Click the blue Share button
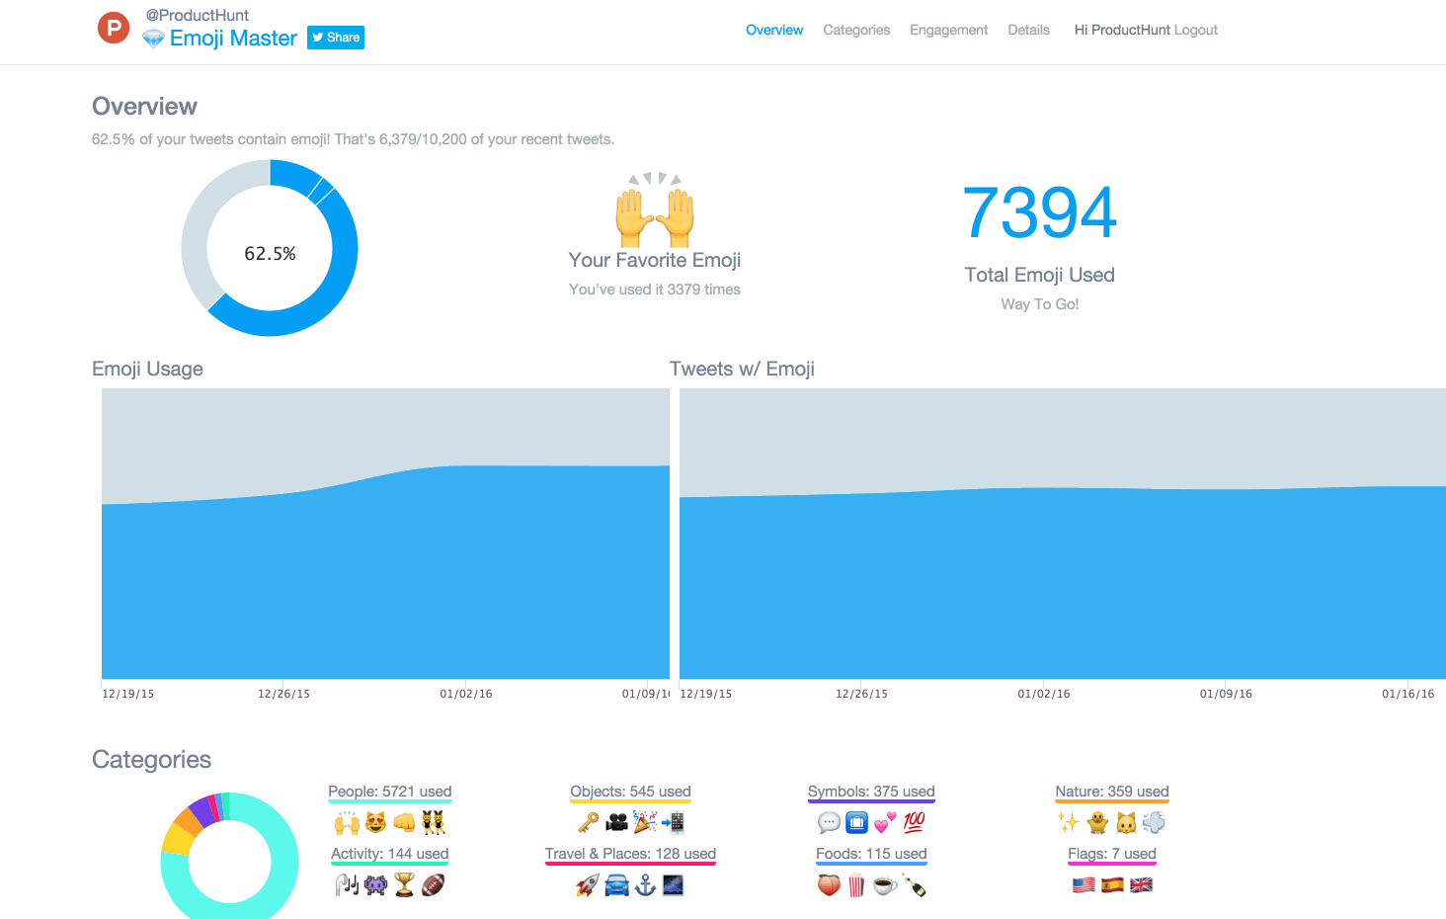pos(336,38)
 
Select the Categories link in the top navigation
pos(856,30)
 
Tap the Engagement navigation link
pos(948,30)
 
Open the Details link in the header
pos(1028,30)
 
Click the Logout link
pos(1195,30)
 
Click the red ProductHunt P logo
pos(114,28)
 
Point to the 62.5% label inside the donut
pos(270,254)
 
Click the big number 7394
pos(1039,212)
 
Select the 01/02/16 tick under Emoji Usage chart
pos(466,694)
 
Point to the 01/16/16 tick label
pos(1407,694)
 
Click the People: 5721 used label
pos(390,792)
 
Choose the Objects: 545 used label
pos(630,792)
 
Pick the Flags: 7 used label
pos(1111,854)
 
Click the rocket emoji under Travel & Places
pos(588,885)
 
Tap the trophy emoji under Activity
pos(404,884)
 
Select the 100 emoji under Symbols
pos(914,822)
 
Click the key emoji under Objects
pos(589,822)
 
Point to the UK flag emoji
pos(1141,884)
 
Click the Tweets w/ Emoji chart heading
pos(742,369)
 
